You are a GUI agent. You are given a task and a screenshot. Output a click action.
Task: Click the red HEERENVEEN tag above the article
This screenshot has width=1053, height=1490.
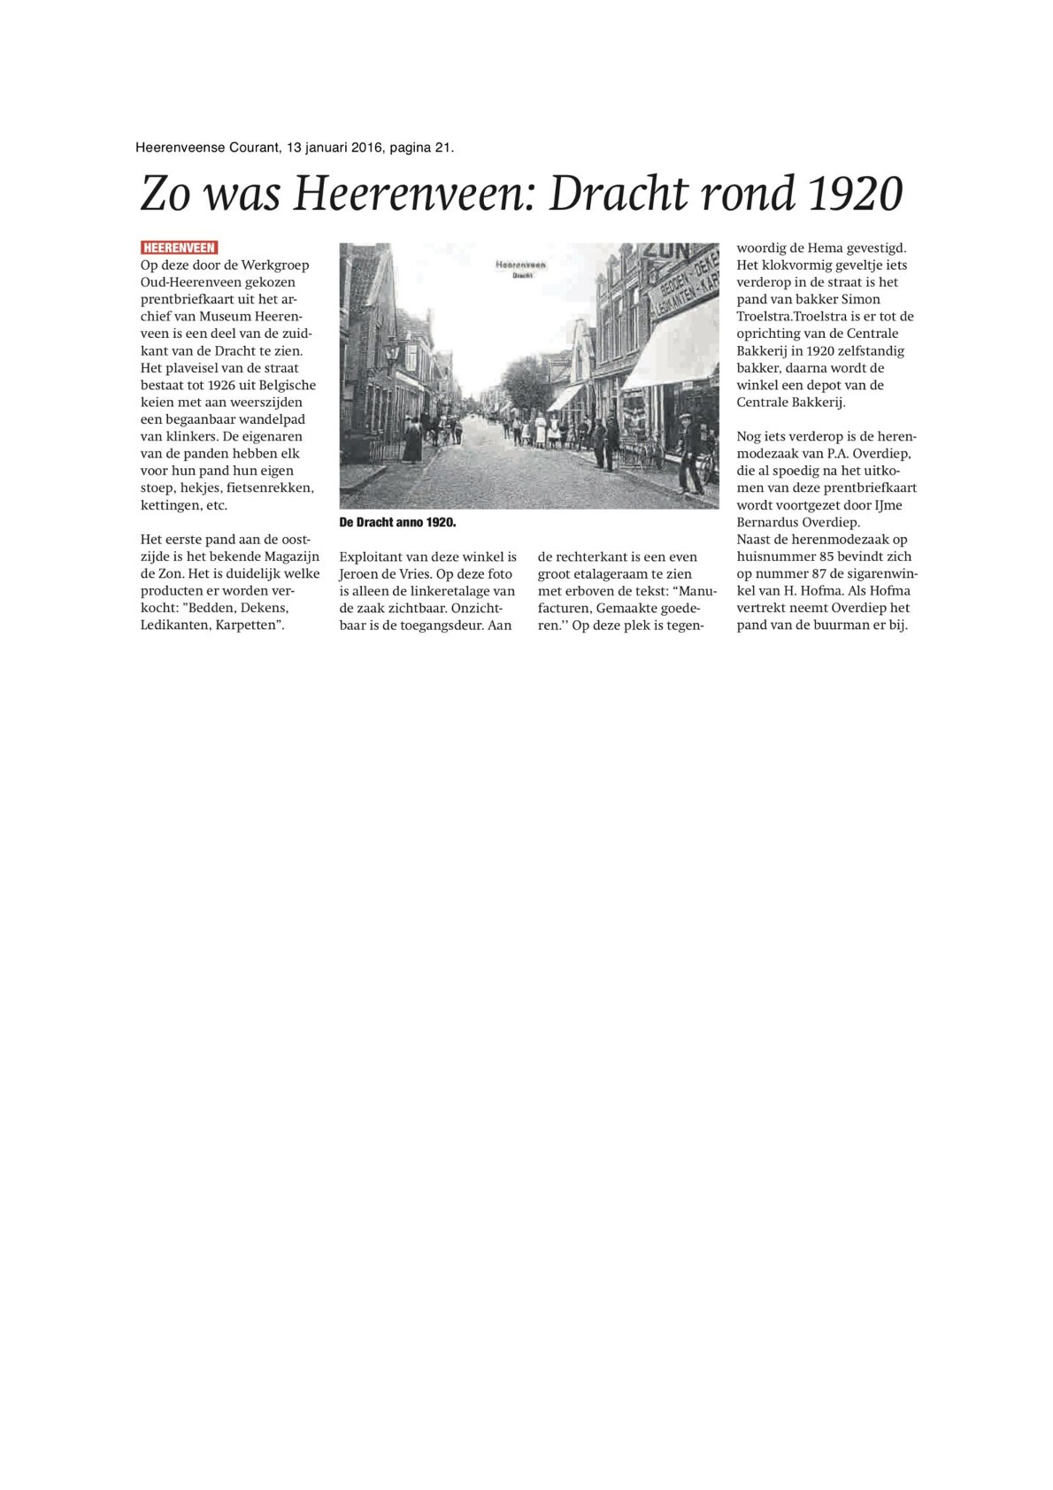(x=179, y=248)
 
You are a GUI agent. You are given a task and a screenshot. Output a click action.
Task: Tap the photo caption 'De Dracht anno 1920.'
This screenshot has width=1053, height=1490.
(x=397, y=523)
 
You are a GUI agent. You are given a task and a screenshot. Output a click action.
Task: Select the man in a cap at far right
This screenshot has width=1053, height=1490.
(x=688, y=455)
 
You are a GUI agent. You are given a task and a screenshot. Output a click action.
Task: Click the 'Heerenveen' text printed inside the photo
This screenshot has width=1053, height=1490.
(x=520, y=264)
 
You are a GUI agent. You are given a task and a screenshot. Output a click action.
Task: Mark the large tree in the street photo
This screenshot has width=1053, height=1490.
(x=527, y=382)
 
